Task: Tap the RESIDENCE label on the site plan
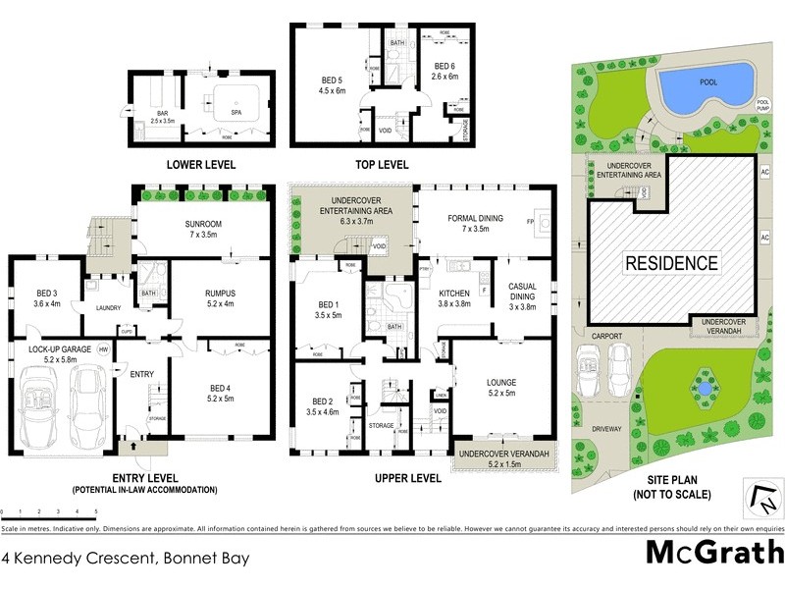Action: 672,263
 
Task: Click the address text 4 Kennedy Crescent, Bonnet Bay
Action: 125,559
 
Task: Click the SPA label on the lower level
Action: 235,112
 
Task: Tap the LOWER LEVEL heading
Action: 201,165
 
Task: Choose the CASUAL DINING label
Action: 523,292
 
